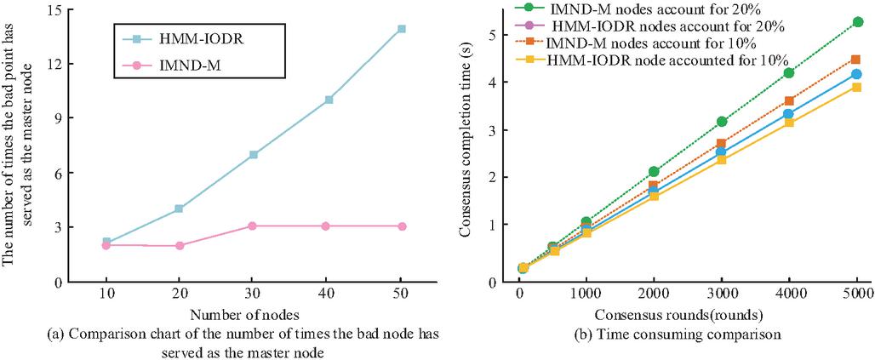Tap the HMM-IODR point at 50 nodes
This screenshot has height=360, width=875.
pos(402,29)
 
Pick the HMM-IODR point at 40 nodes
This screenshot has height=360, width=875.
pos(329,100)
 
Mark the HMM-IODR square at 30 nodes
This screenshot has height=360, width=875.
pos(254,155)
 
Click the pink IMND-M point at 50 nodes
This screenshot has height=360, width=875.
pos(402,226)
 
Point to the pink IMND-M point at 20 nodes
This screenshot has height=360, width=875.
pos(180,245)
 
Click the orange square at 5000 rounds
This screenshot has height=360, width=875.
pos(856,60)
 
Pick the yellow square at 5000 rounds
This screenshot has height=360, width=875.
pos(856,88)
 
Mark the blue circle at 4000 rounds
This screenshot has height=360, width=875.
pos(789,114)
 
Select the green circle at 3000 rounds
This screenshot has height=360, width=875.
pos(722,122)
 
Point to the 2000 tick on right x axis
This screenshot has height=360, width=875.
pos(654,293)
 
